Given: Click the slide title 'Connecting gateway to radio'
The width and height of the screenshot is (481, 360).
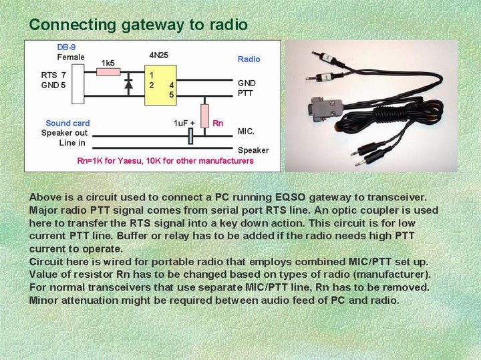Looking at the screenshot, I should pos(138,25).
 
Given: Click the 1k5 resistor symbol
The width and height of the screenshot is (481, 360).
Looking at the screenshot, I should pos(108,72).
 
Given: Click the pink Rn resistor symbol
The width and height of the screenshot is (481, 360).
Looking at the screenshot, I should pos(204,114).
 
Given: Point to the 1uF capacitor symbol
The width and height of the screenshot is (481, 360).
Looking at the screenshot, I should pos(191,136).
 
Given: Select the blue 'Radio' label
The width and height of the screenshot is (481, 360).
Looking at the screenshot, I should pos(249,59).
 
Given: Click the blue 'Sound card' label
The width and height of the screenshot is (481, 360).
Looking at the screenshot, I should pos(67,123).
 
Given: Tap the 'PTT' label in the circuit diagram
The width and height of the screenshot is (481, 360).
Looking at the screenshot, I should pos(246,94).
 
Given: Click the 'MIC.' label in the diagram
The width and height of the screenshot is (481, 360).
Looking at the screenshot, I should pos(247,132).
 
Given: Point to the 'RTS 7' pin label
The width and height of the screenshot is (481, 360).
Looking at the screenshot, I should pos(53,75).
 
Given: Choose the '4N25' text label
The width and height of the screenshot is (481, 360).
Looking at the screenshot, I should pos(159,54).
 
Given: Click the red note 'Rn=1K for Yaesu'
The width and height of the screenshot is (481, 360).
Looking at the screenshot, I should pos(165,161).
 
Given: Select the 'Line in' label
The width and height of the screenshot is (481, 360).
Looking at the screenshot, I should pos(72,142).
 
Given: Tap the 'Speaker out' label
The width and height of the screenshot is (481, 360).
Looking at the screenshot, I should pos(64,133).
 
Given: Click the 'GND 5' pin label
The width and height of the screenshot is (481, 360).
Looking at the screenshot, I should pos(53,85).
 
